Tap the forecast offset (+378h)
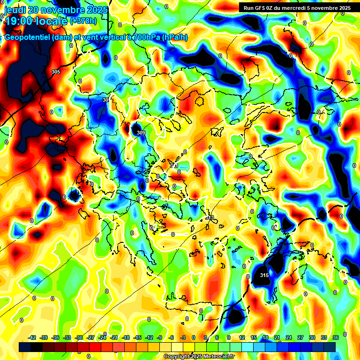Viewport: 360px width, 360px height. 83,21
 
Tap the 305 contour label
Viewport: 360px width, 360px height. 56,72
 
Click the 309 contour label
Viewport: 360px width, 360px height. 141,133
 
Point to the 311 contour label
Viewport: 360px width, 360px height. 174,165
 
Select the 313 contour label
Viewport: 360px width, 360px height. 210,217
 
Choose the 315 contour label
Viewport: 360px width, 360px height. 264,275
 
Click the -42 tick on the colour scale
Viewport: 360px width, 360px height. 32,337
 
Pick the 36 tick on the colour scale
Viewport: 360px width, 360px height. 335,337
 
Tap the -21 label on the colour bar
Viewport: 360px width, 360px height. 114,337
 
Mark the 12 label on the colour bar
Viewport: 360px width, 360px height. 242,337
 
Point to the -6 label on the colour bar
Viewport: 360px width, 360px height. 172,337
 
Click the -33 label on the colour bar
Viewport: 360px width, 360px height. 67,337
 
